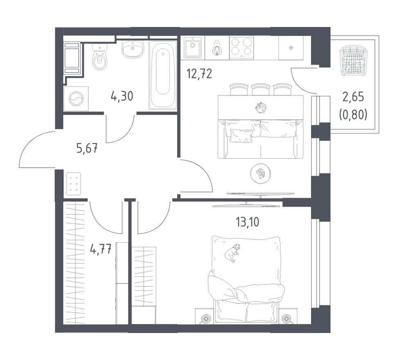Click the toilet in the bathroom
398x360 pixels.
pyautogui.click(x=100, y=57)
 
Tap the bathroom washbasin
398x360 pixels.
pyautogui.click(x=133, y=49)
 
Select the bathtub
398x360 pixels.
pyautogui.click(x=163, y=75)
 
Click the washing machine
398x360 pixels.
pyautogui.click(x=76, y=99)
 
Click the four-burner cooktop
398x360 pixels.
pyautogui.click(x=241, y=47)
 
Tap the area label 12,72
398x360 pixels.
pyautogui.click(x=199, y=74)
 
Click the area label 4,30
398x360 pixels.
pyautogui.click(x=122, y=96)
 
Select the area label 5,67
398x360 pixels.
pyautogui.click(x=87, y=148)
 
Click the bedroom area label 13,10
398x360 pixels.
pyautogui.click(x=247, y=222)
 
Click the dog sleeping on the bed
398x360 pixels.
pyautogui.click(x=232, y=253)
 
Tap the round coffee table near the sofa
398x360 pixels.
pyautogui.click(x=260, y=173)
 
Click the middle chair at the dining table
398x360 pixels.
pyautogui.click(x=261, y=90)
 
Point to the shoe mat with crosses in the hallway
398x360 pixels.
pyautogui.click(x=74, y=184)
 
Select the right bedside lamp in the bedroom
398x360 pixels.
pyautogui.click(x=287, y=318)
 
